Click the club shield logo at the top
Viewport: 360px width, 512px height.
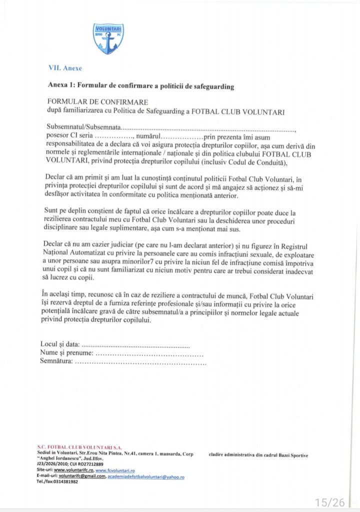(108, 39)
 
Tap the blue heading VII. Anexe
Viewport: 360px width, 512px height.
(64, 68)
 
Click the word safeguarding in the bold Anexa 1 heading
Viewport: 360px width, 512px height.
(210, 86)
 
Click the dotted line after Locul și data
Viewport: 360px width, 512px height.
(135, 345)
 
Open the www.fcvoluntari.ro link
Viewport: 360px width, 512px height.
(115, 471)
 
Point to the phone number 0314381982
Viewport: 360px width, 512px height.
(63, 482)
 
